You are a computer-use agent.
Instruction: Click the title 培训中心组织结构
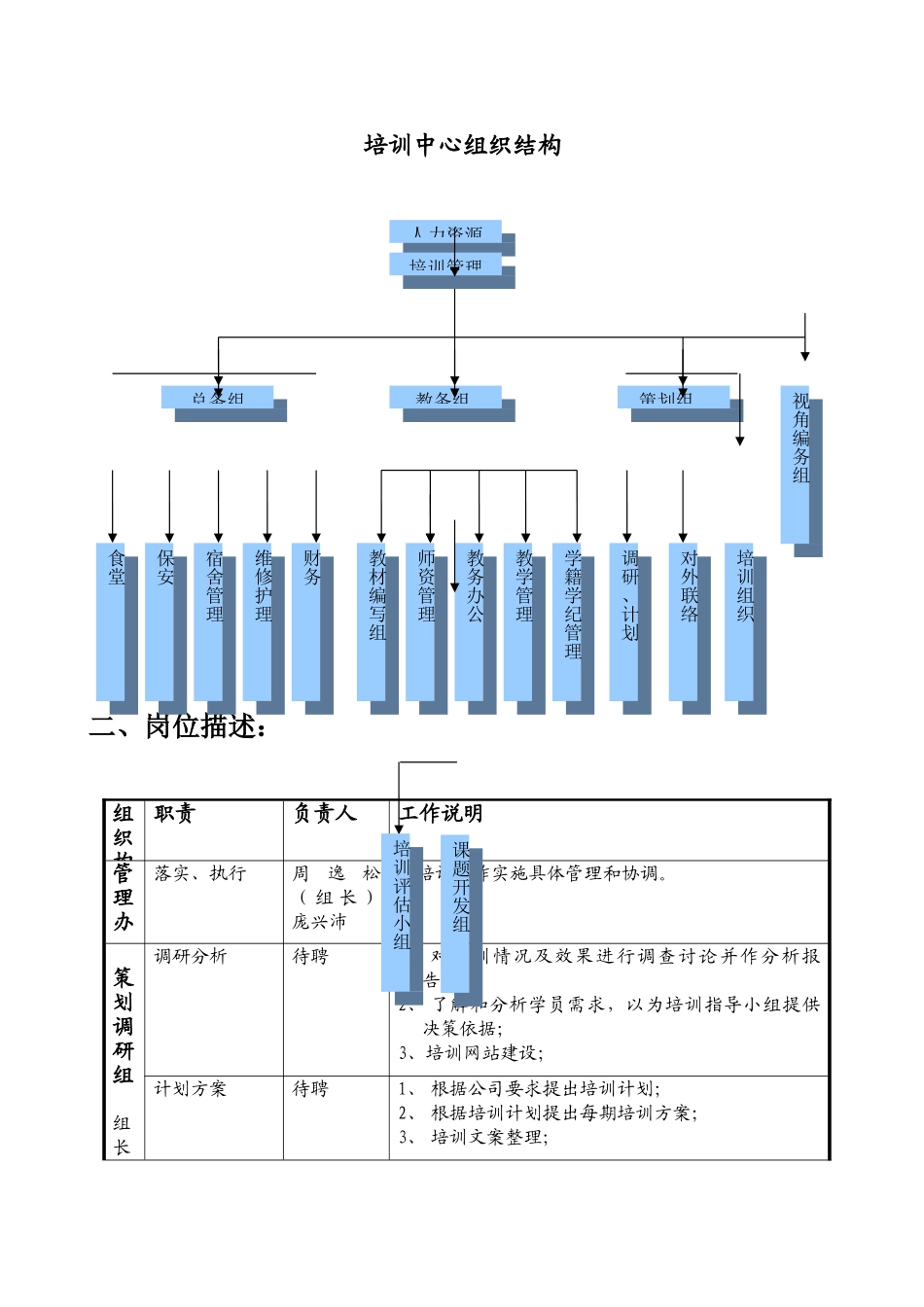pos(462,146)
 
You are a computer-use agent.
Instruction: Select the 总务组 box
pos(218,398)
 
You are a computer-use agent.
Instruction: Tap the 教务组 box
pos(445,398)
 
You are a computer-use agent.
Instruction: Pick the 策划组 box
pos(673,398)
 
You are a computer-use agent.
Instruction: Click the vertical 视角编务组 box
pos(796,465)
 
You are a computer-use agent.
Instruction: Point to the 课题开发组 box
pos(455,912)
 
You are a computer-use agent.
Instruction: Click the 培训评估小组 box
pos(396,912)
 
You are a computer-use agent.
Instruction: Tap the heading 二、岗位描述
pos(177,726)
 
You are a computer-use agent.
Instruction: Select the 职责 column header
pos(175,814)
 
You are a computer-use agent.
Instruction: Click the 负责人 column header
pos(326,814)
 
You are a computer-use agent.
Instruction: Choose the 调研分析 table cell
pos(191,957)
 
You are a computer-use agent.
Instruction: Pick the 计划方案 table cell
pos(191,1089)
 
